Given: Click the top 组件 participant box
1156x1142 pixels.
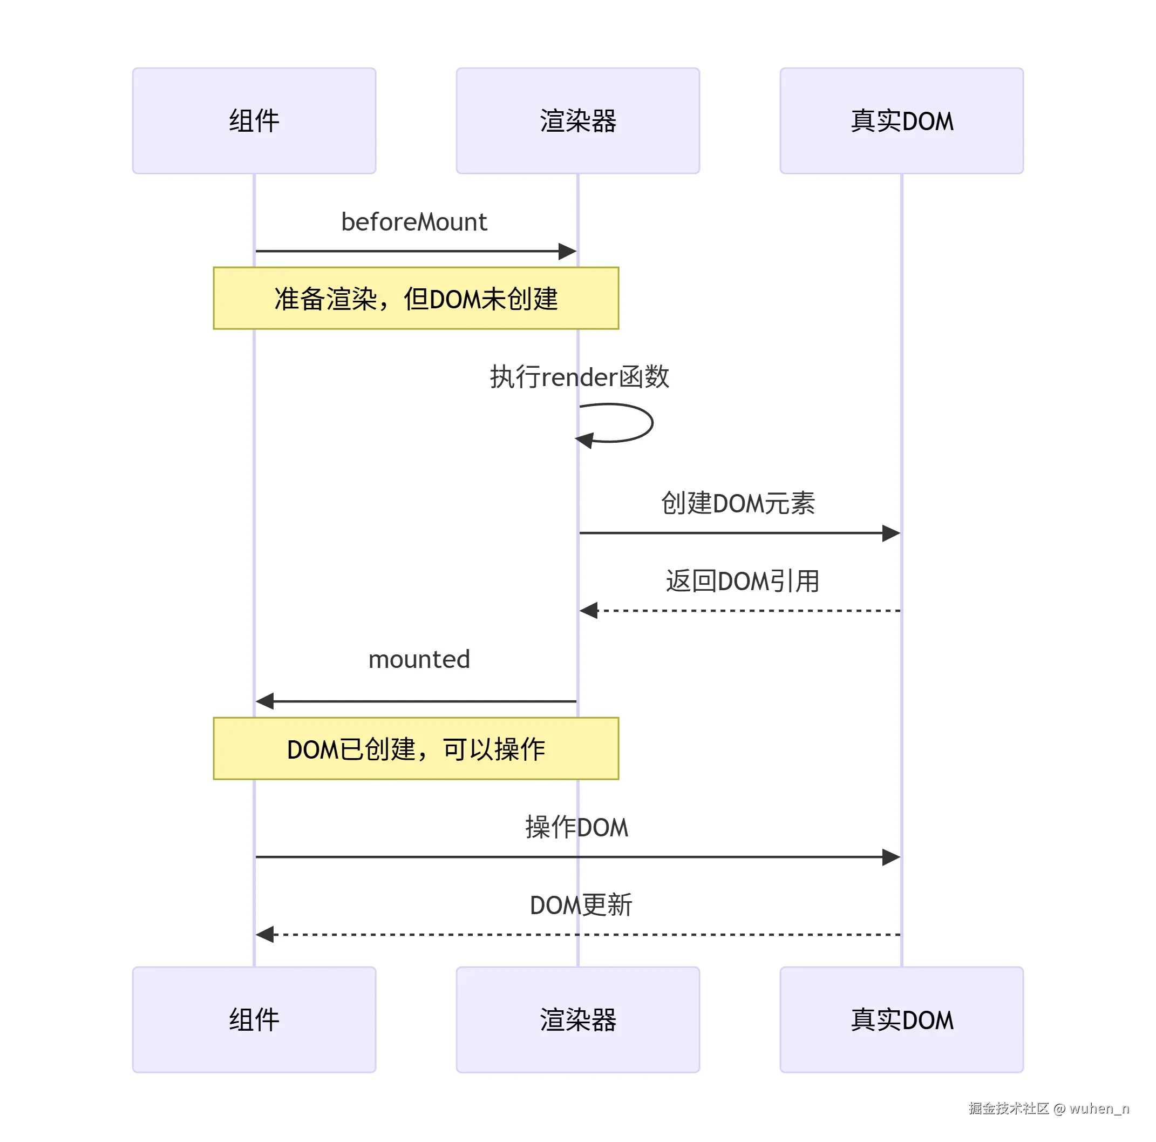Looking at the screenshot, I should coord(254,121).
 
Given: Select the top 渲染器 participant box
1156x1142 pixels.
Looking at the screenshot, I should coord(578,121).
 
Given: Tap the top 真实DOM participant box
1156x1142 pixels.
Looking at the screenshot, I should coord(902,121).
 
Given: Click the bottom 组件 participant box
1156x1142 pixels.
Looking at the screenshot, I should coord(254,1020).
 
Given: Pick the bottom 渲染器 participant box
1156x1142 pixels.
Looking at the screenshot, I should coord(578,1020).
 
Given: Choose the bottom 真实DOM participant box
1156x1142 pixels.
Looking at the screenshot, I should coord(902,1020).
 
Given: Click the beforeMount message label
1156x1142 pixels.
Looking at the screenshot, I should coord(414,222).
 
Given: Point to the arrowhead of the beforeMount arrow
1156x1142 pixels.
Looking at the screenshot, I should coord(568,252).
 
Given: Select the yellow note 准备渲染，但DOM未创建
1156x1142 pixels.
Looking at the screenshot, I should coord(416,298).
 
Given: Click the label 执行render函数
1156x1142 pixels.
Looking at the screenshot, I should coord(579,377).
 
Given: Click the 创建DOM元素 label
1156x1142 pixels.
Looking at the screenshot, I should coord(738,503).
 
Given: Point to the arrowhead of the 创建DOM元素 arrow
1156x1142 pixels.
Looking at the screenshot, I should coord(892,533).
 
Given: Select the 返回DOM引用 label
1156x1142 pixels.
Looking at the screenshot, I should coord(743,581).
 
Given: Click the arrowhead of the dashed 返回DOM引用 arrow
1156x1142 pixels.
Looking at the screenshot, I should coord(589,611).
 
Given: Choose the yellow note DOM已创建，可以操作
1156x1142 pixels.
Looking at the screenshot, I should coord(416,749).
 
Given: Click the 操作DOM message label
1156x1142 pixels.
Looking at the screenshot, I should coord(577,827).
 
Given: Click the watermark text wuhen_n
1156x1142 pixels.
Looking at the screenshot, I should coord(1099,1109).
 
